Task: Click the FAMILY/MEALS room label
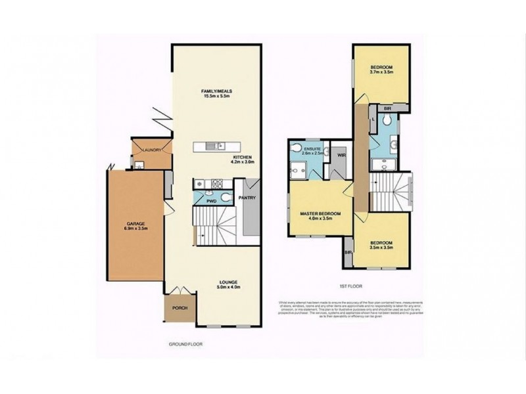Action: pyautogui.click(x=218, y=91)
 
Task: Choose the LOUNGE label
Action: pyautogui.click(x=229, y=282)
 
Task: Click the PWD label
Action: pyautogui.click(x=211, y=200)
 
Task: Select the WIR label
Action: pyautogui.click(x=341, y=156)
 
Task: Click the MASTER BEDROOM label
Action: pyautogui.click(x=320, y=214)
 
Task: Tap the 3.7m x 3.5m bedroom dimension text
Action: pyautogui.click(x=381, y=73)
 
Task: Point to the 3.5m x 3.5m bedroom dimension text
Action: pyautogui.click(x=381, y=247)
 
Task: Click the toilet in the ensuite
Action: pyautogui.click(x=298, y=148)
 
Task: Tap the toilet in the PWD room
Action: pyautogui.click(x=225, y=196)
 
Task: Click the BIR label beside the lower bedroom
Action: pyautogui.click(x=348, y=252)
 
